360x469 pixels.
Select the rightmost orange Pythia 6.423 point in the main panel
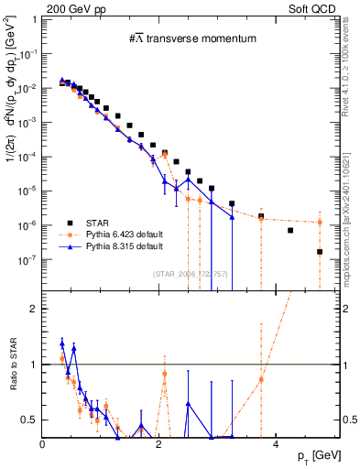coord(320,222)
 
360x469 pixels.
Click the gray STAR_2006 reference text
coord(191,274)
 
